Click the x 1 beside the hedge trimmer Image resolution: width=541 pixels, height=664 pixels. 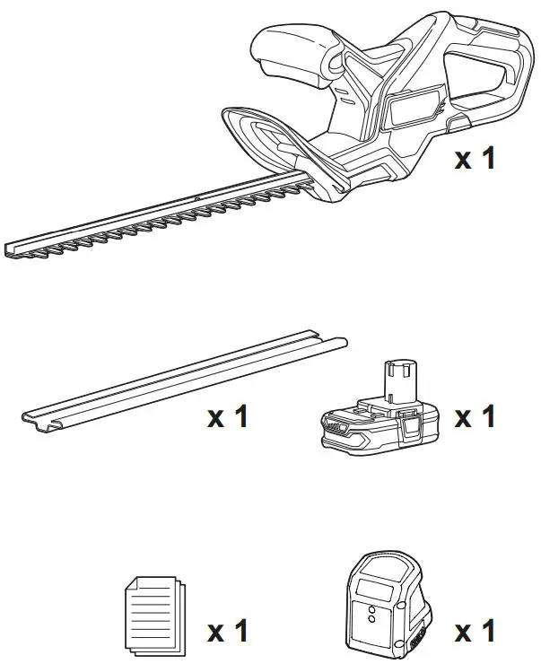pyautogui.click(x=475, y=159)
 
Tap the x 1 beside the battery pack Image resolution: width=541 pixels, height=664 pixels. pyautogui.click(x=475, y=417)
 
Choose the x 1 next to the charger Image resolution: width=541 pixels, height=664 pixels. pyautogui.click(x=475, y=631)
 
